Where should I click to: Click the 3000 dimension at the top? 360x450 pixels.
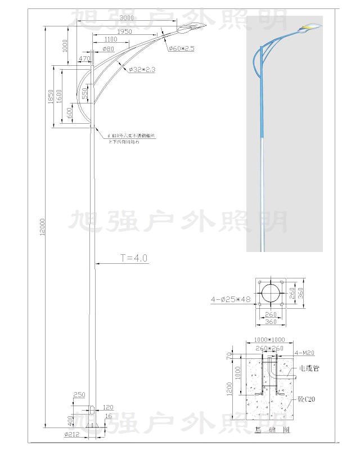tap(127, 19)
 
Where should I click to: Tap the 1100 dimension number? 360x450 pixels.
tap(111, 39)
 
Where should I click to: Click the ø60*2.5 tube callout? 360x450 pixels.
tap(181, 49)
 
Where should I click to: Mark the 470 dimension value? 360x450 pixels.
tap(85, 58)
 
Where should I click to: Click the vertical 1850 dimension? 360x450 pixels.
tap(50, 97)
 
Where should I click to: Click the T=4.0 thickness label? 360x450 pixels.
tap(133, 258)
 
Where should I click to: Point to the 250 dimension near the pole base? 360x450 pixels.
tap(79, 394)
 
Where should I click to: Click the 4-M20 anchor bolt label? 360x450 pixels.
tap(304, 353)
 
